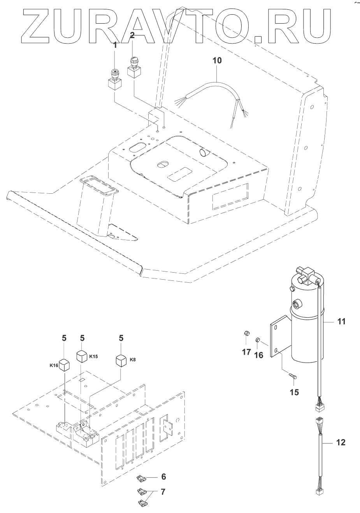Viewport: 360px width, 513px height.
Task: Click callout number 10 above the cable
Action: (x=217, y=61)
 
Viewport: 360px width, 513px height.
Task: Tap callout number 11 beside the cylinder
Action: (x=341, y=322)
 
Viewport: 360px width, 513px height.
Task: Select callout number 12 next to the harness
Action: (x=341, y=443)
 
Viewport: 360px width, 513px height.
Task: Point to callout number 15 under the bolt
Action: (x=295, y=392)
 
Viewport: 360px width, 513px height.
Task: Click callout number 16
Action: (x=259, y=355)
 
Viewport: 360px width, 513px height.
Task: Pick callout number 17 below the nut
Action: (x=246, y=352)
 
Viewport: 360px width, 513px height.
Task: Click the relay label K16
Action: (x=54, y=366)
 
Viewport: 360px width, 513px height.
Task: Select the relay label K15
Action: (x=93, y=357)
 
